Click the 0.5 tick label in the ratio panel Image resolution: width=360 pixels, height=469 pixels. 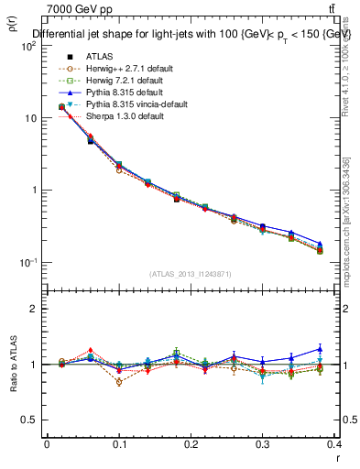pyautogui.click(x=28, y=420)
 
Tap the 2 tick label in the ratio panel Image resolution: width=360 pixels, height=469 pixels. pyautogui.click(x=33, y=309)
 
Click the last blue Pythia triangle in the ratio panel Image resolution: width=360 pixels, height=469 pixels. pyautogui.click(x=320, y=348)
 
